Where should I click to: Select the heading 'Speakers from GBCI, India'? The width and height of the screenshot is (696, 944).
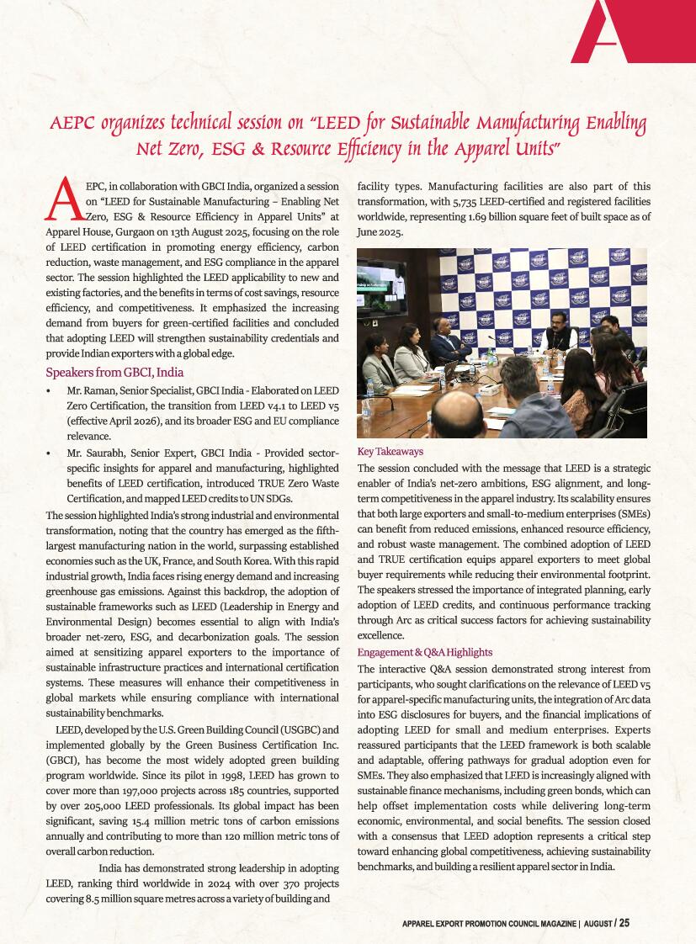(114, 373)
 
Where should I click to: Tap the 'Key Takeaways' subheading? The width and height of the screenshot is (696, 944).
(391, 452)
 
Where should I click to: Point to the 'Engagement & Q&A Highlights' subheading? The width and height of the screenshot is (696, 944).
(425, 652)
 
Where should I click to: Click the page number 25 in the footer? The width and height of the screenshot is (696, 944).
(624, 922)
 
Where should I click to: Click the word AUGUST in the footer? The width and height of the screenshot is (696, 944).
(597, 923)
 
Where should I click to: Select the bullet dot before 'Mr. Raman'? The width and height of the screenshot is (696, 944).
(49, 391)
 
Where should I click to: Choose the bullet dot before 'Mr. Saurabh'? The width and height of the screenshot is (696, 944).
(49, 453)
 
